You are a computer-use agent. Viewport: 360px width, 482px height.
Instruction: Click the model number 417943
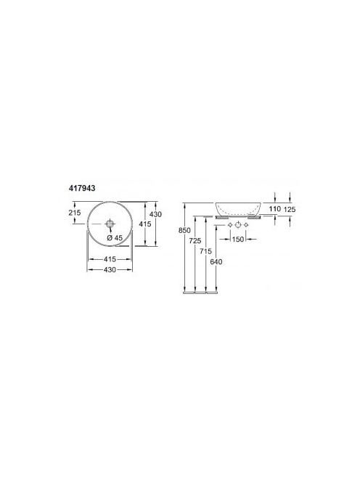[x=81, y=188]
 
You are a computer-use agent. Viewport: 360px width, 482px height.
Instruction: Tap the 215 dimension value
[x=75, y=212]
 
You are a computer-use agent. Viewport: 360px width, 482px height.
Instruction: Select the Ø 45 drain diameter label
[x=115, y=237]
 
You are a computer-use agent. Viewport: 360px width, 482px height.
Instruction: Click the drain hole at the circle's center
[x=110, y=224]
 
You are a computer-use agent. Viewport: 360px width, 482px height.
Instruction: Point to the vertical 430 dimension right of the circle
[x=155, y=214]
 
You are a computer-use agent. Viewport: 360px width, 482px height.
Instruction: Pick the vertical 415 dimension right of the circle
[x=145, y=224]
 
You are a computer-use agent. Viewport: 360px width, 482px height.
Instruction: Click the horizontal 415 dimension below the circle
[x=110, y=259]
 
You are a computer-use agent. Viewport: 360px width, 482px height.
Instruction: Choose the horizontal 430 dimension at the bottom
[x=110, y=269]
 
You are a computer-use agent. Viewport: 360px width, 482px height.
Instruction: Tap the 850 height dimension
[x=184, y=230]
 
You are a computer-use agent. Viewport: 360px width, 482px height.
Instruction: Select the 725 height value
[x=195, y=241]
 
